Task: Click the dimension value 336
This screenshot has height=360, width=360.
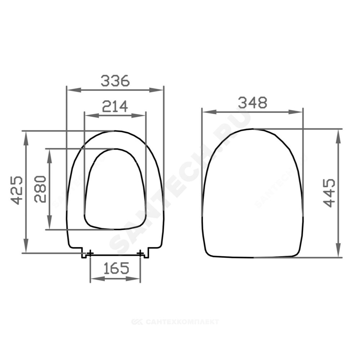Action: click(x=115, y=81)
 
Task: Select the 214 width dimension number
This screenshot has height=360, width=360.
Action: click(x=115, y=106)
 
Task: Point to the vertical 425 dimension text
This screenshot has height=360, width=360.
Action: click(x=17, y=190)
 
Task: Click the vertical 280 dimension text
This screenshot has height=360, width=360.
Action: click(x=40, y=189)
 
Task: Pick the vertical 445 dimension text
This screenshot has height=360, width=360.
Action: click(x=329, y=193)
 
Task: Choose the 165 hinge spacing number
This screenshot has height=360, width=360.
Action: click(x=116, y=268)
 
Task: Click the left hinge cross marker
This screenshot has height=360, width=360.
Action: click(x=90, y=253)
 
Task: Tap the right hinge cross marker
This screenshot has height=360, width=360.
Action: click(x=140, y=253)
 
